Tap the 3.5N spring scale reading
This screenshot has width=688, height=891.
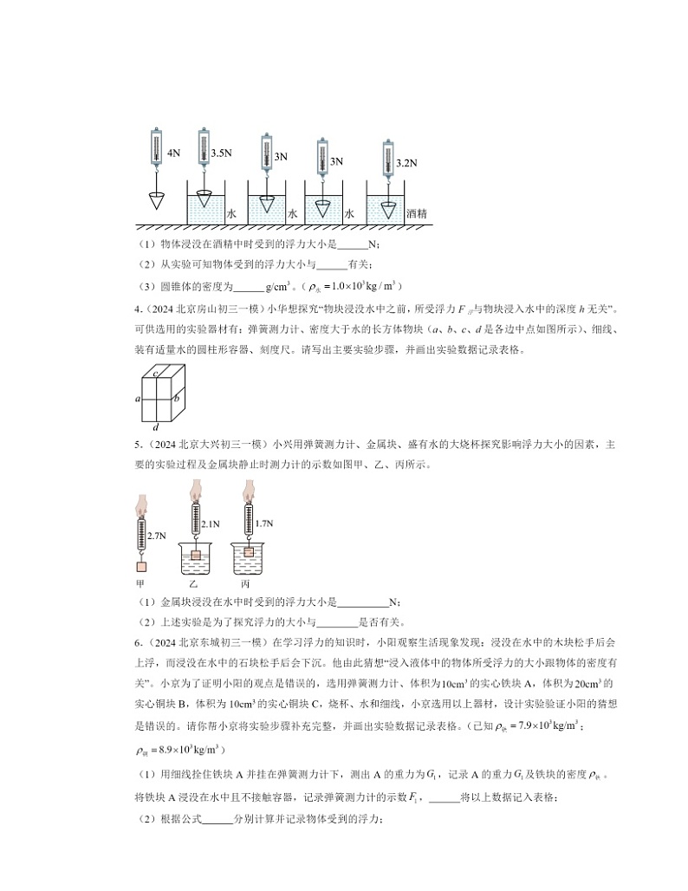222,153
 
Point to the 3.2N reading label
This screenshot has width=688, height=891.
406,162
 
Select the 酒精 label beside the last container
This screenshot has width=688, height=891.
416,212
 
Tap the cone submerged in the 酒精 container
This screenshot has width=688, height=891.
387,208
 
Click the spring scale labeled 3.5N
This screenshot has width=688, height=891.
204,144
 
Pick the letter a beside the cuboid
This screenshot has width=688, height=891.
137,399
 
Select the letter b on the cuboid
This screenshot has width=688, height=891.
176,399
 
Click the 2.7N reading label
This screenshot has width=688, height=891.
156,537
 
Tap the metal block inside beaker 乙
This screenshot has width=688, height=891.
196,556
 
